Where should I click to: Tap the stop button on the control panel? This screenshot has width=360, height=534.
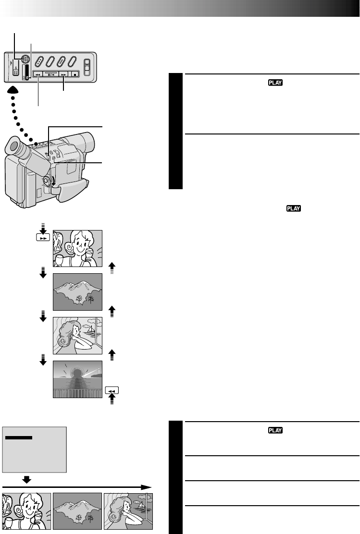pos(75,74)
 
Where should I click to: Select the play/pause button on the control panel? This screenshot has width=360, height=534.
pos(50,74)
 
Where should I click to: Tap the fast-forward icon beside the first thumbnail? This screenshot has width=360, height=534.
pos(43,238)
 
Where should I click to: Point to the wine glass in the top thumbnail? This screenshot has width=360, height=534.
pos(59,259)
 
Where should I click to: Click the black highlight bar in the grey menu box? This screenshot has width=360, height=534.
pos(19,438)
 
